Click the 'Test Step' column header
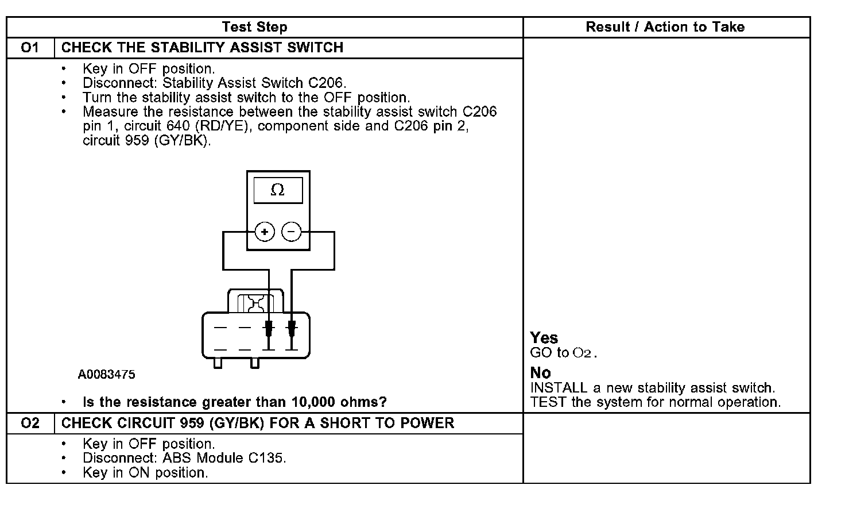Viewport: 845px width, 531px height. [x=254, y=27]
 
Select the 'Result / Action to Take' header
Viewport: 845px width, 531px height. [x=665, y=27]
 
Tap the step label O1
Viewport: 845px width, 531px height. [x=30, y=48]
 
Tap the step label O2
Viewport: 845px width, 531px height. [x=30, y=424]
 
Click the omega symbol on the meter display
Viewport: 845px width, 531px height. [x=278, y=190]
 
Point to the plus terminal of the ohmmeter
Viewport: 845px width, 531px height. [x=264, y=232]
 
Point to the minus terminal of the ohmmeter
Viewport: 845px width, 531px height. [x=292, y=232]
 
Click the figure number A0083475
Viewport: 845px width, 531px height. [x=107, y=375]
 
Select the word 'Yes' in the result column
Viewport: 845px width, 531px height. [x=544, y=338]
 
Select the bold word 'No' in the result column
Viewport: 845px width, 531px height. [x=540, y=373]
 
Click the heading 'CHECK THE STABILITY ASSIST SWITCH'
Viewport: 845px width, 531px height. [x=202, y=48]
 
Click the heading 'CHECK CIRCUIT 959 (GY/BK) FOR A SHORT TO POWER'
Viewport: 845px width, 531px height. [x=258, y=424]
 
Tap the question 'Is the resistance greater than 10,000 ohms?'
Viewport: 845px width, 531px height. [x=234, y=402]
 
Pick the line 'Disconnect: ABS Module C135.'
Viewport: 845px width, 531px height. [x=184, y=458]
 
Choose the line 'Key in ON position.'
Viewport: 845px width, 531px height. [x=145, y=472]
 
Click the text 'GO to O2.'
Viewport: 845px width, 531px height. [x=564, y=353]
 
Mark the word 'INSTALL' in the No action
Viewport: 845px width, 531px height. [x=559, y=388]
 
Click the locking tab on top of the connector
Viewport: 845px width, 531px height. [x=255, y=301]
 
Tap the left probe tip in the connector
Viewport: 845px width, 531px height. [x=268, y=329]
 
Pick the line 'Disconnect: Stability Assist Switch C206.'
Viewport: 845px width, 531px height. [x=214, y=83]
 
